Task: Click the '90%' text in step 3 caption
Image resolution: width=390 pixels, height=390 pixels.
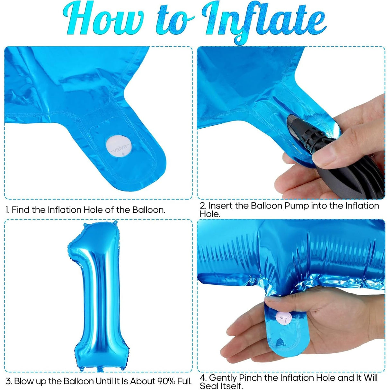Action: [166, 381]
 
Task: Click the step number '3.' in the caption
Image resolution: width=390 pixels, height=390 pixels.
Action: [9, 381]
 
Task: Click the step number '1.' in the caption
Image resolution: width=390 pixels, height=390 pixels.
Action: [7, 210]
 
